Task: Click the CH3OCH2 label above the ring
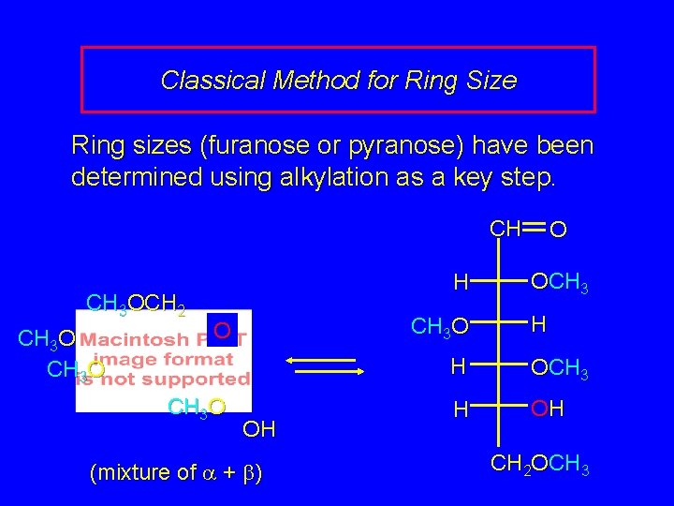(x=135, y=304)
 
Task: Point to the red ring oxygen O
(x=223, y=331)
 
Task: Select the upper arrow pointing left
(x=320, y=360)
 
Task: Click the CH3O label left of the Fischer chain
(x=439, y=327)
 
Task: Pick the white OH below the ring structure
(x=258, y=430)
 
